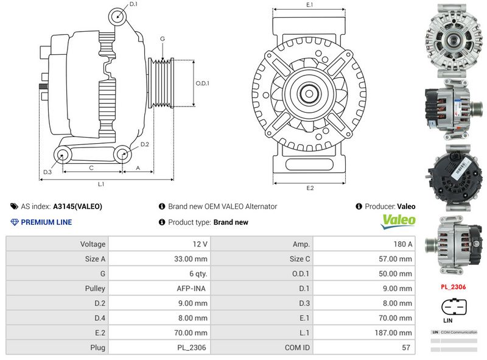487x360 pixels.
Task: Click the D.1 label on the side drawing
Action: tap(133, 4)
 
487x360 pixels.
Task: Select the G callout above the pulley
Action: tap(162, 38)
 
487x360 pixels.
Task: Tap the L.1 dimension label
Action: tap(101, 183)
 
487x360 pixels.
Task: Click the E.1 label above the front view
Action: tap(309, 5)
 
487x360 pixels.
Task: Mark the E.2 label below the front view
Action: tap(309, 188)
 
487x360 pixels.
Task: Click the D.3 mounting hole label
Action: tap(47, 172)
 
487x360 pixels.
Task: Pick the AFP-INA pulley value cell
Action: tap(194, 289)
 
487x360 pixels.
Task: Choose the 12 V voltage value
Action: tap(200, 244)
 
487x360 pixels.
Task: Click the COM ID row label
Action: tap(298, 348)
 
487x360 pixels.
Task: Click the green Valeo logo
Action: tap(398, 221)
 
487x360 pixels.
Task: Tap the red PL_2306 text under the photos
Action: tap(453, 286)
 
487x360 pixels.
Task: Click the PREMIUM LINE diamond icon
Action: tap(15, 222)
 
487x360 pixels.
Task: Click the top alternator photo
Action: tap(453, 39)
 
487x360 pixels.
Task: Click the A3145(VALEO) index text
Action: tap(78, 206)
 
